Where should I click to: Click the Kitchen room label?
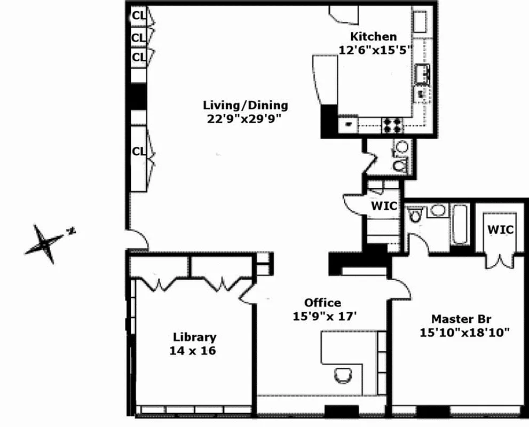[373, 37]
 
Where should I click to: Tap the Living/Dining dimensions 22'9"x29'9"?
[245, 118]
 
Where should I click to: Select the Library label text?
[195, 337]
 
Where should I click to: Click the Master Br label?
[461, 319]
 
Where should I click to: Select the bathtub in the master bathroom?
[459, 224]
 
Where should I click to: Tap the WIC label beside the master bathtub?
[501, 230]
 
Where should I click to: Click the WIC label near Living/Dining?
[384, 207]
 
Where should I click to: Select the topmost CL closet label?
[139, 16]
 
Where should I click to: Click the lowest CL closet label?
[139, 152]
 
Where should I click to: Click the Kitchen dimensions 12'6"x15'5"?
[374, 50]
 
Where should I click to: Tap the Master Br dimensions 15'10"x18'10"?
[464, 333]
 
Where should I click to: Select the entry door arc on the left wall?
[137, 240]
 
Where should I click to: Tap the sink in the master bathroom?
[437, 211]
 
